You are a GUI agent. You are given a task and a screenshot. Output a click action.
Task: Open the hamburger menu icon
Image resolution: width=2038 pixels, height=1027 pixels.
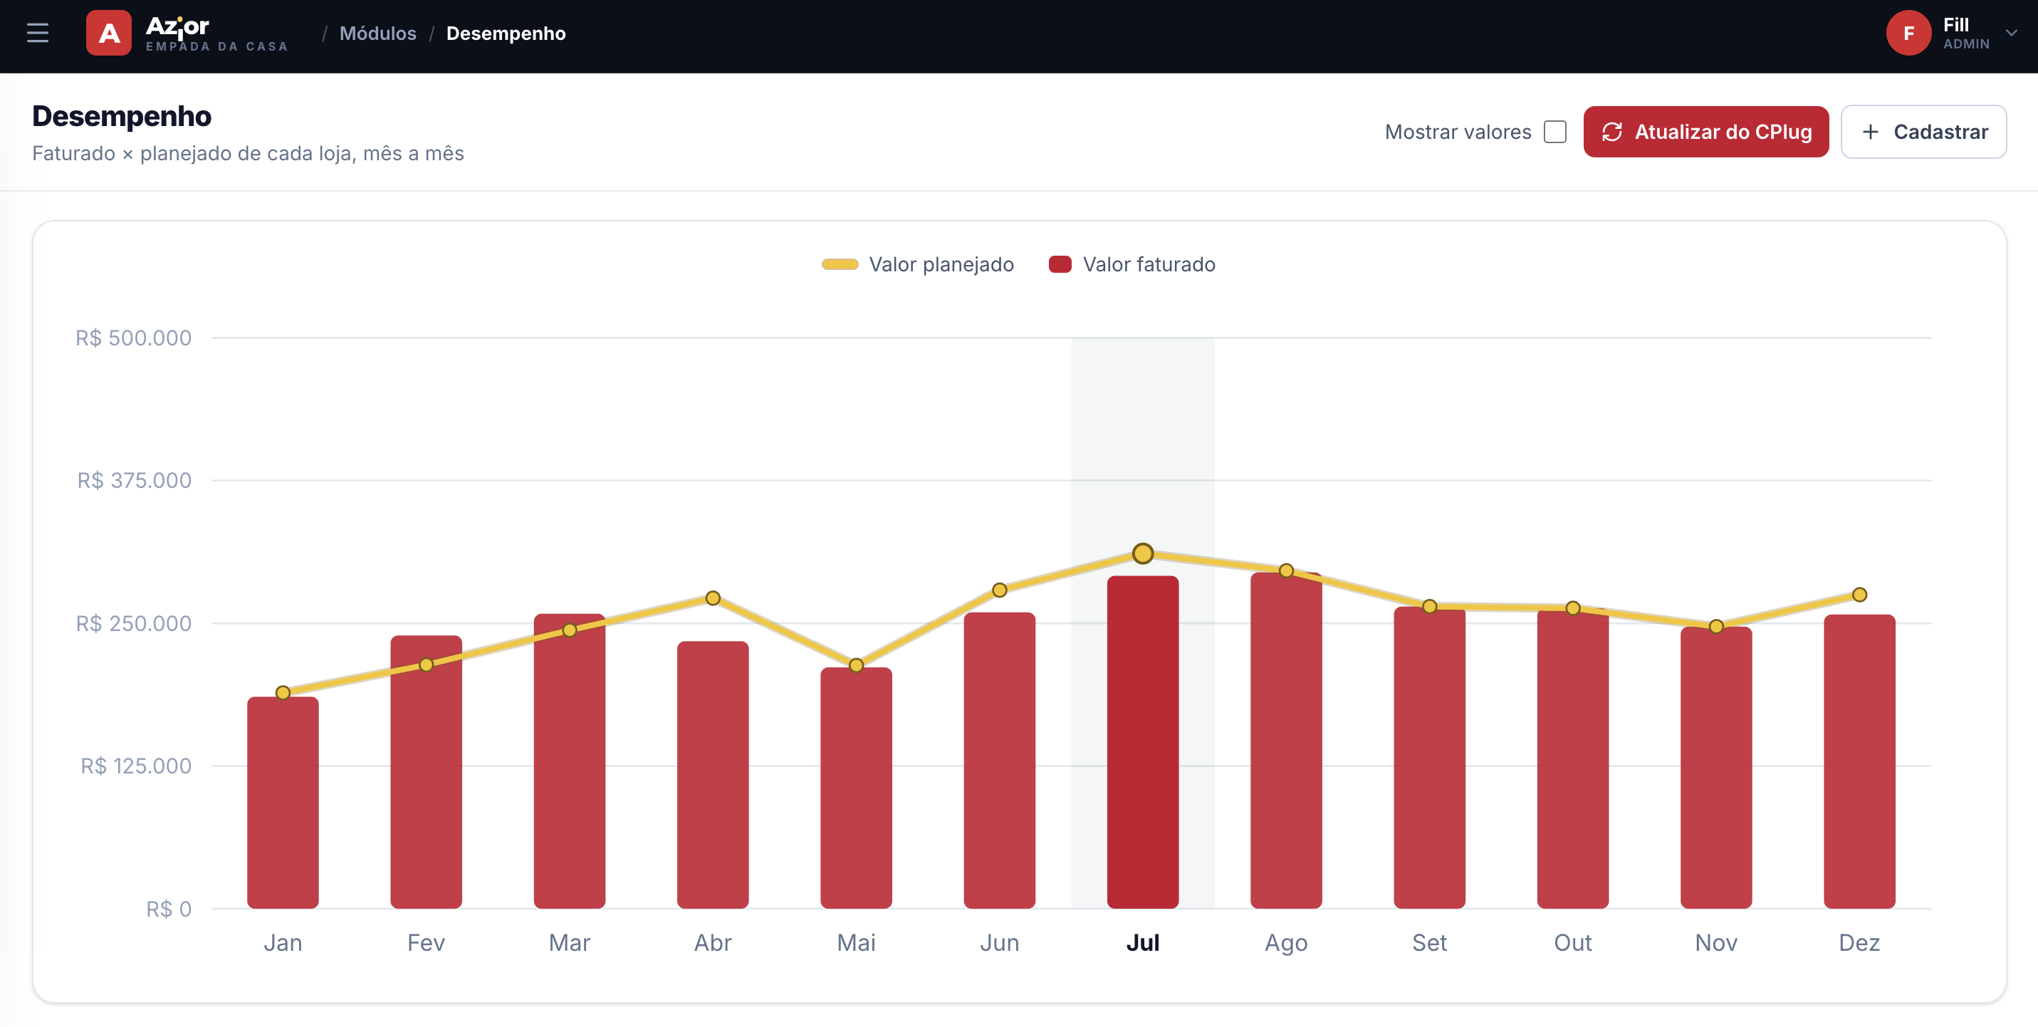[x=37, y=33]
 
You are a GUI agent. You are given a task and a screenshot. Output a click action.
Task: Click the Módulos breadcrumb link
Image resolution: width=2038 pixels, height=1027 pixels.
[x=377, y=33]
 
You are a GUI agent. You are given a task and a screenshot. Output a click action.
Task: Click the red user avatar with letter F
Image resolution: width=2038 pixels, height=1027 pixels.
[x=1908, y=33]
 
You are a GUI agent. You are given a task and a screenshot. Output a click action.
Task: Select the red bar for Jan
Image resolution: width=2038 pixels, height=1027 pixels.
[x=283, y=802]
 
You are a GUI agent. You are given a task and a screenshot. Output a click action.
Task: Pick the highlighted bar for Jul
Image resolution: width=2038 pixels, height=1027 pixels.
[x=1142, y=742]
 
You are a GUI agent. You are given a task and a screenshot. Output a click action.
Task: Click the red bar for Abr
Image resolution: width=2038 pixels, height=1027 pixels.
[x=713, y=775]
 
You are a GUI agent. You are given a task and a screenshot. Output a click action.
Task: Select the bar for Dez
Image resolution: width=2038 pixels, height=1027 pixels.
[x=1859, y=761]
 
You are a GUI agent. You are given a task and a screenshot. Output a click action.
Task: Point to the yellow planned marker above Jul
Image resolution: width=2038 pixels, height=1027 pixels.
[x=1142, y=553]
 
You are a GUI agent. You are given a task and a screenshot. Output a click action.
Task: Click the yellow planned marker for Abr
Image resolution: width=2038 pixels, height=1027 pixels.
[x=713, y=598]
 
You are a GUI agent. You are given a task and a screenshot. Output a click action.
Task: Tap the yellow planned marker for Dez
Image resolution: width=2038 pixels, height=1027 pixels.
[x=1859, y=594]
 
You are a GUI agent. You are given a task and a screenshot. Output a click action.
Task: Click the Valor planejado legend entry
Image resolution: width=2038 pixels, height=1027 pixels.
[x=918, y=264]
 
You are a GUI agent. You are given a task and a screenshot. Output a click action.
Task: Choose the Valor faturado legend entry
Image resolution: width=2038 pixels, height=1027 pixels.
[x=1132, y=264]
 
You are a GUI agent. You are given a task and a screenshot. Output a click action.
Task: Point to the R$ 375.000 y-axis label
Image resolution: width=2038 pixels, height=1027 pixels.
[x=134, y=480]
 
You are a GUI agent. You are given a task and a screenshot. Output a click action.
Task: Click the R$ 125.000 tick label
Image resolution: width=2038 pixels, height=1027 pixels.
[x=135, y=766]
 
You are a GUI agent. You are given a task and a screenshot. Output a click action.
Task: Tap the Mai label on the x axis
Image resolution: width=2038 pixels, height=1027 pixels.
[x=856, y=942]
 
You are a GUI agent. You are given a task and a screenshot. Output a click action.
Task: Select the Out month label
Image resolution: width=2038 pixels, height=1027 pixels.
[x=1573, y=942]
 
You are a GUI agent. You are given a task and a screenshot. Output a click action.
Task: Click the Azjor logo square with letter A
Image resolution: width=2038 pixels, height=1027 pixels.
[x=108, y=33]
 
